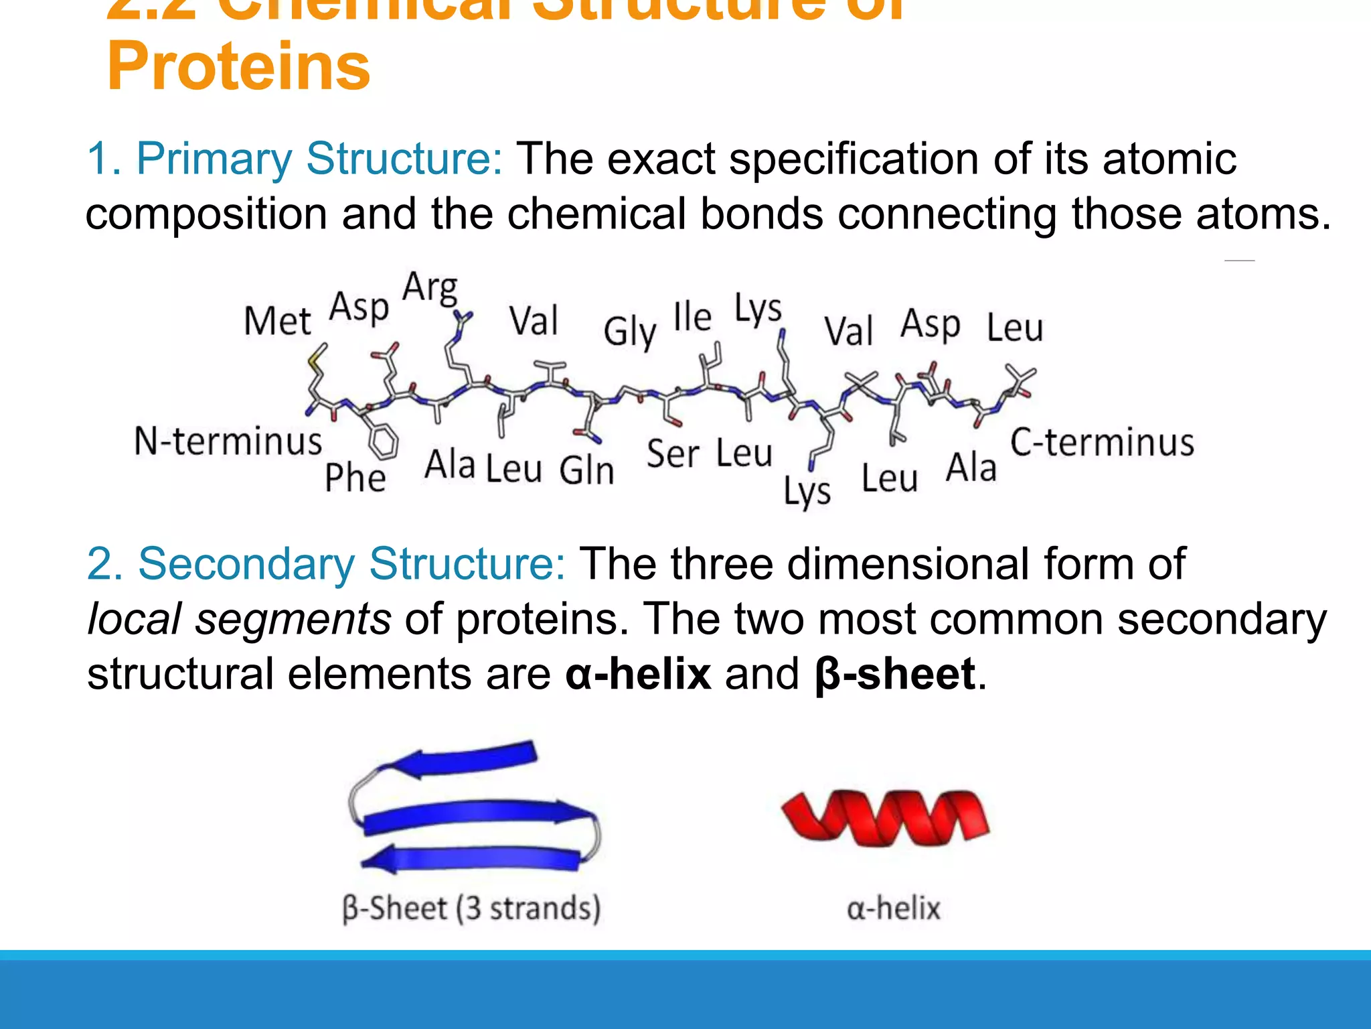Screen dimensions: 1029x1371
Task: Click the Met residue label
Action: tap(277, 321)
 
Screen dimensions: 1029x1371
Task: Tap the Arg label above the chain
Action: tap(430, 288)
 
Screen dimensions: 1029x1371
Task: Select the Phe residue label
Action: tap(355, 478)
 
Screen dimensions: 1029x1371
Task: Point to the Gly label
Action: tap(629, 332)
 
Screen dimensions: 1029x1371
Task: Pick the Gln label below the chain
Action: tap(586, 470)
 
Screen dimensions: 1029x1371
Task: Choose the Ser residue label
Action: tap(673, 454)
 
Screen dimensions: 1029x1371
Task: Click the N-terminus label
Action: tap(228, 441)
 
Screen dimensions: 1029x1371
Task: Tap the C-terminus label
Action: tap(1102, 443)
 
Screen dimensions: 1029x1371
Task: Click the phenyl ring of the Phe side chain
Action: tap(383, 443)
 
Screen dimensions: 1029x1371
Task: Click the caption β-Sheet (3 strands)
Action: tap(471, 908)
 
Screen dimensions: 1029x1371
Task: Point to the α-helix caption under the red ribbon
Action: tap(894, 909)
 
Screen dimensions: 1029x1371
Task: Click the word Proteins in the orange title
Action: tap(238, 67)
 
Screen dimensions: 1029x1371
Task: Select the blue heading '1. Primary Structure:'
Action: tap(295, 159)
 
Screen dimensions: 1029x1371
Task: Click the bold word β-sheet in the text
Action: tap(895, 674)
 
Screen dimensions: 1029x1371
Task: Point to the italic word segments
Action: tap(293, 619)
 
